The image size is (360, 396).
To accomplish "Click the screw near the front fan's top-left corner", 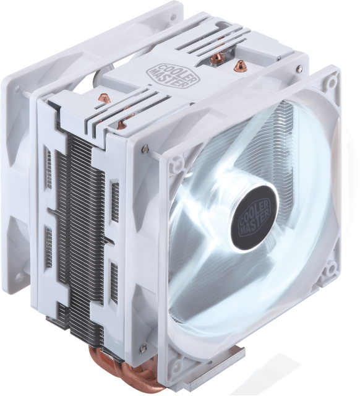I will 145,148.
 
